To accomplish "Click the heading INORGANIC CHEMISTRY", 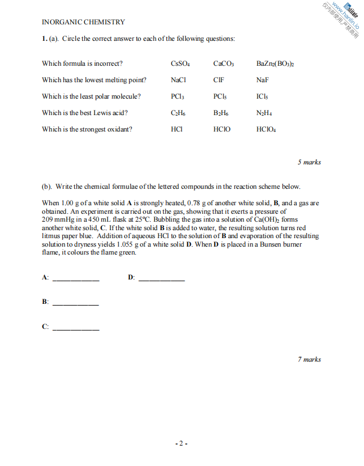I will click(83, 22).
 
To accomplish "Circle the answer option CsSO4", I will click(181, 63).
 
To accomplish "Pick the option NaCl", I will click(178, 80).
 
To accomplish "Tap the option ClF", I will click(219, 80).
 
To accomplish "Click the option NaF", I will click(262, 80).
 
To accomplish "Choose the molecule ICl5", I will click(263, 96).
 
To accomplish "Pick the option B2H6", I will click(221, 113).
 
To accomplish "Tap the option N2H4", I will click(264, 113).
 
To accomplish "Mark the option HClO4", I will click(266, 129).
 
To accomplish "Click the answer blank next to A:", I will click(76, 279).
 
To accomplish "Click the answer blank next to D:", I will click(161, 279).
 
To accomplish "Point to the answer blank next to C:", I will click(76, 328).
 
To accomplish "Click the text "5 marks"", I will click(309, 162).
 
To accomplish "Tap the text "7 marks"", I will click(309, 359).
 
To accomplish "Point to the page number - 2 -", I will click(181, 443).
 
